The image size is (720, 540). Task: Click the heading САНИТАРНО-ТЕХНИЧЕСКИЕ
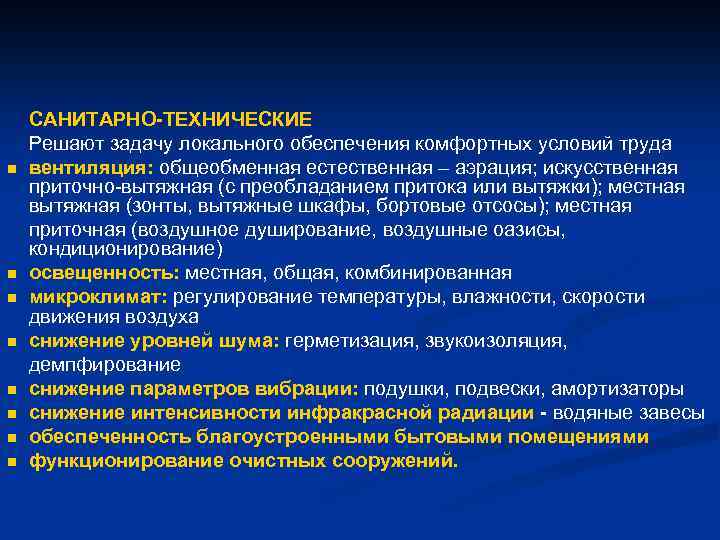tap(170, 120)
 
